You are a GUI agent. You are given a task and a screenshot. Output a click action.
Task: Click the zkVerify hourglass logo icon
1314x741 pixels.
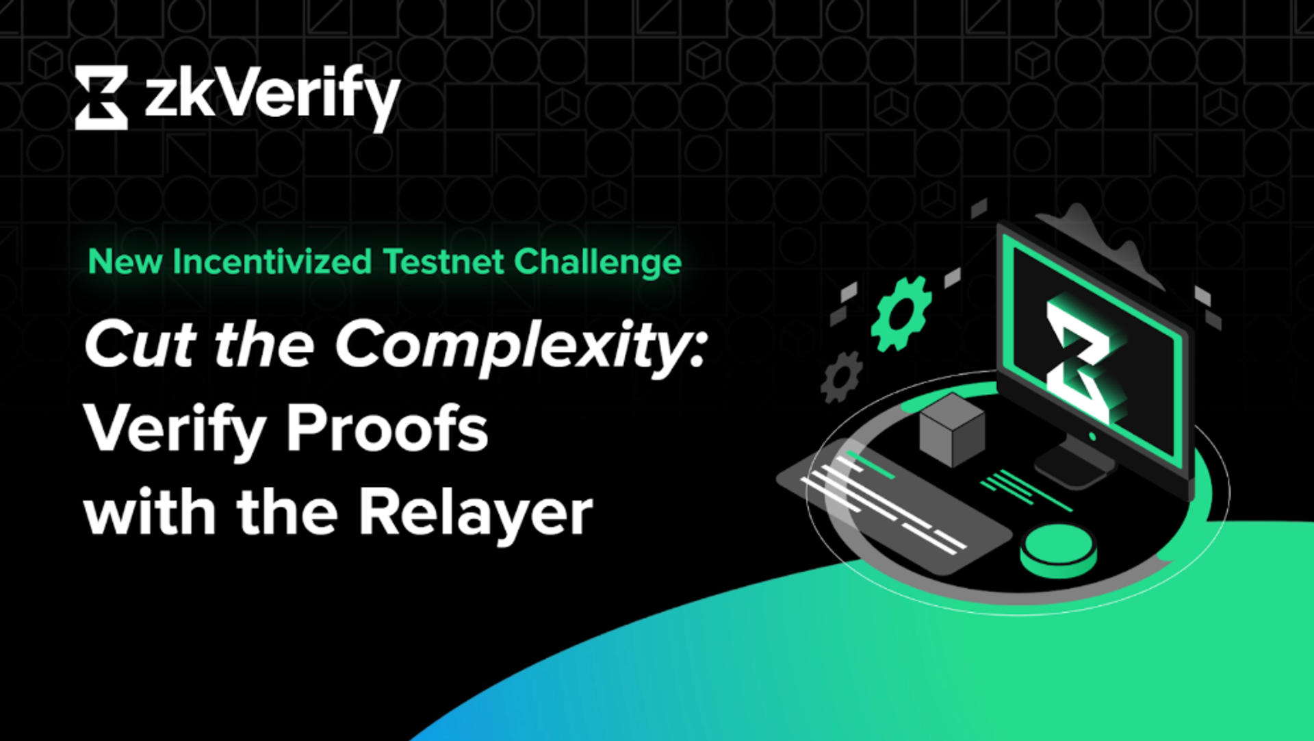[x=101, y=97]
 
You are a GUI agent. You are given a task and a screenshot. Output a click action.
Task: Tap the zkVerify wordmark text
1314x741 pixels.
[x=272, y=97]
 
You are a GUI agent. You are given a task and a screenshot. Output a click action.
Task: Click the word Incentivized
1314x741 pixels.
[x=272, y=262]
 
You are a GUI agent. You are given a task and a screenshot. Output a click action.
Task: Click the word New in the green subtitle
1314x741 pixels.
[x=125, y=262]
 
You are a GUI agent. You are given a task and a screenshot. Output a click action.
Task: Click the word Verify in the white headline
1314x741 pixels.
[x=175, y=429]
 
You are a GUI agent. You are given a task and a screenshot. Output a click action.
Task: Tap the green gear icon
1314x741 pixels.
[x=901, y=314]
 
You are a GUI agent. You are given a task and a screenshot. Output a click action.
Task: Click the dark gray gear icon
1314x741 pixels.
[x=841, y=377]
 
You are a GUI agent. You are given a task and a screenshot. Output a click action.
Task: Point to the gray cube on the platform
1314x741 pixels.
[x=952, y=429]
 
